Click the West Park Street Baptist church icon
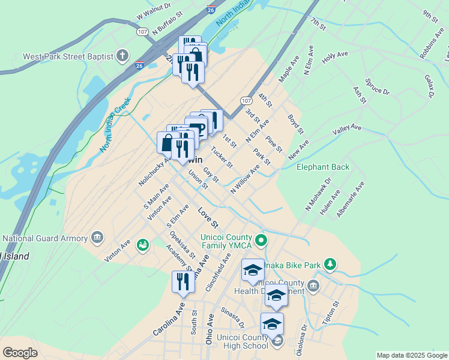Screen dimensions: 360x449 (122, 56)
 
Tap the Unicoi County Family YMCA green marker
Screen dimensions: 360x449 (261, 241)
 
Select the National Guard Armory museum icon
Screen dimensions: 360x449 (97, 239)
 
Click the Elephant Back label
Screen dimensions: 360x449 (323, 167)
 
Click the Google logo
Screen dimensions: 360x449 (20, 353)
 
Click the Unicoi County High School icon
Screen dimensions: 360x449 (277, 341)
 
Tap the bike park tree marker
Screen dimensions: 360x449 (330, 264)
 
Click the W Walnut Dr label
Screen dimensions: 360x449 (154, 10)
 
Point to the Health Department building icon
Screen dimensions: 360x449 (313, 286)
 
